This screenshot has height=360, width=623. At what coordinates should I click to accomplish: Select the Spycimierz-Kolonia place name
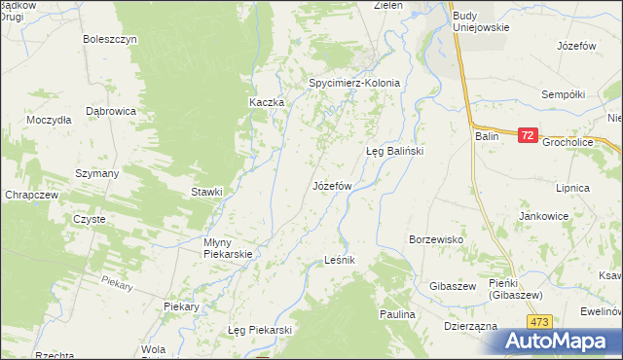tap(354, 83)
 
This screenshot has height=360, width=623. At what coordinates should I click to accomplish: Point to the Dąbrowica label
tap(110, 111)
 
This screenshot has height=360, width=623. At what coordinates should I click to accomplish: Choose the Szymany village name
tap(97, 173)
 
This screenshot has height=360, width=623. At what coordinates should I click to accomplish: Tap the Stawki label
tap(206, 192)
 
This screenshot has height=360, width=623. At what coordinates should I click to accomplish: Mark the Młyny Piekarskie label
tap(228, 248)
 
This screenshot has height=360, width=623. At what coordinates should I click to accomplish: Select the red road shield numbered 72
tap(527, 137)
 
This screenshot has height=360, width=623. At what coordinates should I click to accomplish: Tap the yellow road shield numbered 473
tap(540, 320)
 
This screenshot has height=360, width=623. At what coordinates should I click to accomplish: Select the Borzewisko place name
tap(435, 238)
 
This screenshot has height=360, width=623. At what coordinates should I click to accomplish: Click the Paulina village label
tap(397, 315)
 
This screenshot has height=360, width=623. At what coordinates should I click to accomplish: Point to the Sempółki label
tap(563, 94)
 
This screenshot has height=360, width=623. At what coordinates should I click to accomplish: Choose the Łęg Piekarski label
tap(260, 330)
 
